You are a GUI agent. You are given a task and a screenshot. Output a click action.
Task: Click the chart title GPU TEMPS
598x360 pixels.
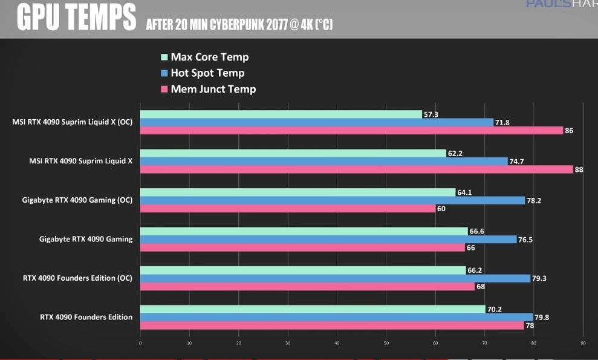[76, 18]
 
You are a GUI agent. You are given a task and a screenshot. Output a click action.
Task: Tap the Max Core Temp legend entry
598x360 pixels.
[209, 57]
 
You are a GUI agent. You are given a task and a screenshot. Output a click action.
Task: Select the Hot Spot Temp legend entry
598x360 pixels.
[207, 73]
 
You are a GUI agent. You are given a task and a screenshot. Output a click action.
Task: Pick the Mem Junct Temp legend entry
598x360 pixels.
[213, 90]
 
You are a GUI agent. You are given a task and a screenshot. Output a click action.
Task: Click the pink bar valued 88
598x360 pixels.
[356, 169]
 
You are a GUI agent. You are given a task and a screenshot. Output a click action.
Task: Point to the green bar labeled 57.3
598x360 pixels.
[281, 114]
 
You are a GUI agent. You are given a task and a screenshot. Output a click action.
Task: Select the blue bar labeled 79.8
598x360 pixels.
[336, 317]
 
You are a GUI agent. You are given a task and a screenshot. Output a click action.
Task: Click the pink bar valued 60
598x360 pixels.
[287, 209]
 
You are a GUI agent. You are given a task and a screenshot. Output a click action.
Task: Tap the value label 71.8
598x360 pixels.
[502, 123]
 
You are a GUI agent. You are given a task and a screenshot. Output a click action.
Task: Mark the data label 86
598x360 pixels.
[569, 131]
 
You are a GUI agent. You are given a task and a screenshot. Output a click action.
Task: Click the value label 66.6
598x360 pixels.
[477, 231]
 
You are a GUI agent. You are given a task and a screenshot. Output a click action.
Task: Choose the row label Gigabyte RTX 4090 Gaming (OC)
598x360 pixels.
[77, 200]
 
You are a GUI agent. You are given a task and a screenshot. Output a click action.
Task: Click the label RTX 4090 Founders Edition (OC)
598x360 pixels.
[78, 278]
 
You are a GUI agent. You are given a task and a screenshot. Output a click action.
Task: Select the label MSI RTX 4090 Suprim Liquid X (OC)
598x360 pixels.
[73, 122]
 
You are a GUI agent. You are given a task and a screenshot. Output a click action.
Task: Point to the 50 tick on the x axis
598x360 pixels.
[386, 344]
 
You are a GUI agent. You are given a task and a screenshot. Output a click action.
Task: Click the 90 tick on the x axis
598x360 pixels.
[582, 344]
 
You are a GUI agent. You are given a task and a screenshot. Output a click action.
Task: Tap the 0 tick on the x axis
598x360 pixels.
[140, 344]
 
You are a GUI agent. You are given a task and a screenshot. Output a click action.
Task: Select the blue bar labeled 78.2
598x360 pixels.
[333, 200]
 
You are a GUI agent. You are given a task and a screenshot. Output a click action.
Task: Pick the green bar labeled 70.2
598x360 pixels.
[313, 309]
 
